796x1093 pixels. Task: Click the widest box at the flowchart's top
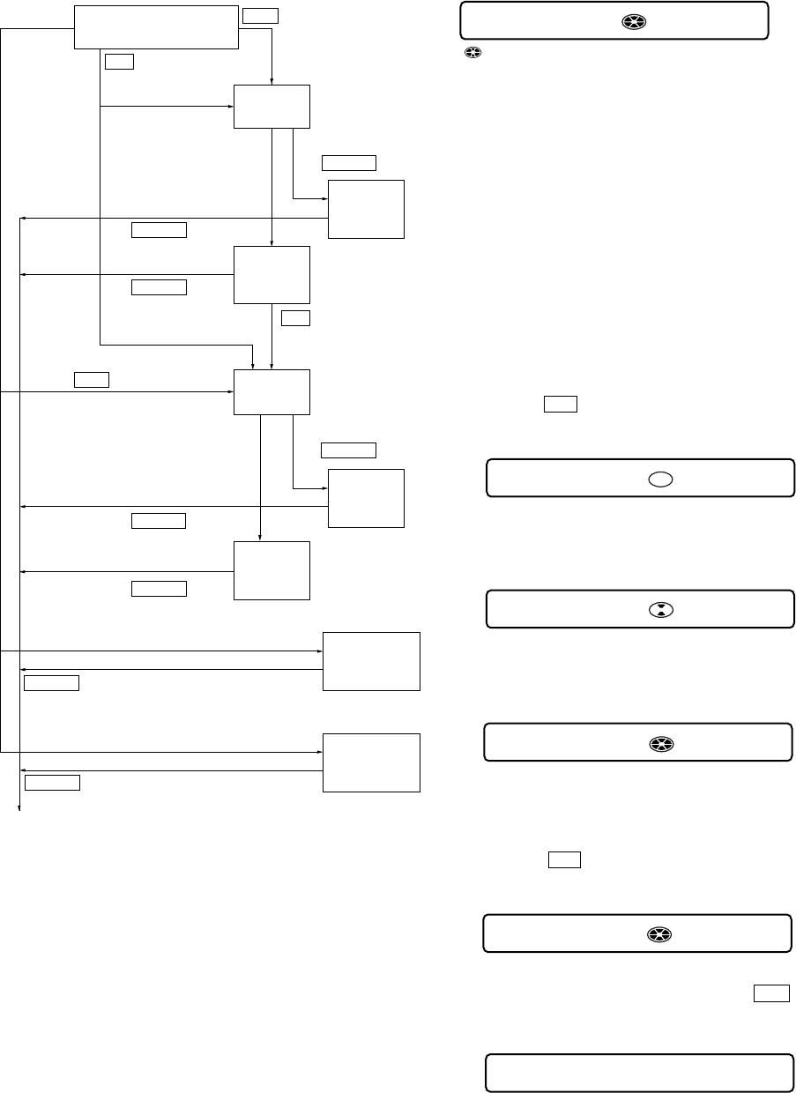tap(156, 26)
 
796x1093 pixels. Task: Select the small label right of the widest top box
tap(260, 15)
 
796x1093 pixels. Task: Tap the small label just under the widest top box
tap(119, 62)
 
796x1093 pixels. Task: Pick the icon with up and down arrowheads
tap(658, 610)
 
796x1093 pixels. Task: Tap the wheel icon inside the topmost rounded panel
tap(629, 20)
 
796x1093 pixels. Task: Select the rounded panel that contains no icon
tap(639, 1073)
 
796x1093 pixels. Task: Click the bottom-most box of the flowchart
tap(372, 762)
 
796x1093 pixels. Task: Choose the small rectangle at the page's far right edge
tap(770, 993)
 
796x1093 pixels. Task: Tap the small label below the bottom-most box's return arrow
tap(53, 782)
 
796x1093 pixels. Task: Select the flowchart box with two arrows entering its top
tap(272, 391)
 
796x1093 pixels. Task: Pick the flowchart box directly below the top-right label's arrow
tap(272, 107)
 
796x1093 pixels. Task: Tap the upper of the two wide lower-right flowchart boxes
tap(372, 661)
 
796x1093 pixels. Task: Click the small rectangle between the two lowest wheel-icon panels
tap(564, 860)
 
